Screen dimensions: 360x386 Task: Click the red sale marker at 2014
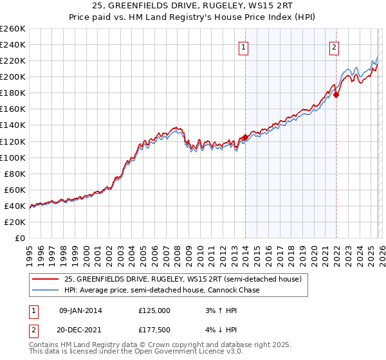245,137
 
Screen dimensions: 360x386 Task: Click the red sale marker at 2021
336,94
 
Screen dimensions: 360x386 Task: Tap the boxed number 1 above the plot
245,46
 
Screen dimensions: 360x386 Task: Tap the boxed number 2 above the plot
335,46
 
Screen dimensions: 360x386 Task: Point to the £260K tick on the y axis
12,29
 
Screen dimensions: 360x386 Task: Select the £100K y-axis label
12,157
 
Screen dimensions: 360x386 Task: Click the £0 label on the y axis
19,238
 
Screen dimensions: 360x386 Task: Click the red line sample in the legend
46,279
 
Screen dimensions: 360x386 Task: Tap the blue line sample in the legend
46,291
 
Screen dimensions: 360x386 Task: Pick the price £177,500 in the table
154,330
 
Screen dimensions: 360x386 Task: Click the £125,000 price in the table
154,310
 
